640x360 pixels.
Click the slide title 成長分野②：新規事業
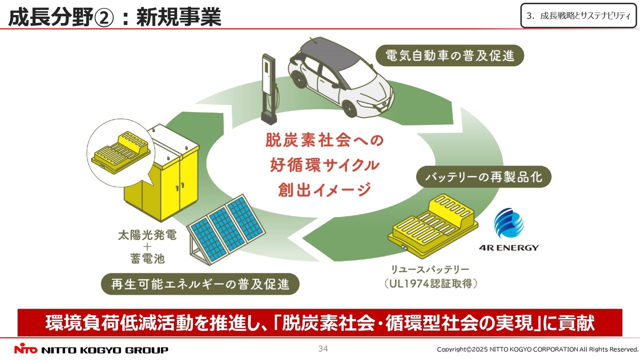pyautogui.click(x=114, y=17)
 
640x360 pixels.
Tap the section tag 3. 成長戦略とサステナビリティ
pyautogui.click(x=578, y=15)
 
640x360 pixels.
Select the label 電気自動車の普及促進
pyautogui.click(x=450, y=55)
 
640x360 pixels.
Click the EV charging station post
pyautogui.click(x=268, y=87)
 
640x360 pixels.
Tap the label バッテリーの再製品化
pyautogui.click(x=483, y=177)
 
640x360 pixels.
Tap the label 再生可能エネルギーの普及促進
pyautogui.click(x=200, y=284)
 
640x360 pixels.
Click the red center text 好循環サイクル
pyautogui.click(x=324, y=164)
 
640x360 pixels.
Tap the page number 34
pyautogui.click(x=323, y=348)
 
